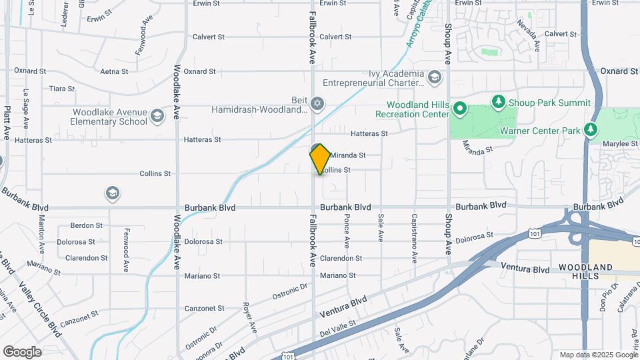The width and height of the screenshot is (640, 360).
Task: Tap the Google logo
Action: (22, 352)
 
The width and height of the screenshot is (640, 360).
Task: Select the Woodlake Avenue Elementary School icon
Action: (157, 117)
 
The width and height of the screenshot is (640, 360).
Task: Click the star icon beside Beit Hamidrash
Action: (317, 103)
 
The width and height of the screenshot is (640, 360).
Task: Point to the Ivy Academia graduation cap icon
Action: (435, 78)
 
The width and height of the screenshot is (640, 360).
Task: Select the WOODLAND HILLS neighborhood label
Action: (586, 271)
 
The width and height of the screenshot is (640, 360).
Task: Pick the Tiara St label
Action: (61, 89)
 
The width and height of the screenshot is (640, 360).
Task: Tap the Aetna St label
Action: (114, 71)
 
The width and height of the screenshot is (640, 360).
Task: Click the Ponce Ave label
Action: (347, 227)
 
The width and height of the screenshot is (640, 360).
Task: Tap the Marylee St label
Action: (615, 143)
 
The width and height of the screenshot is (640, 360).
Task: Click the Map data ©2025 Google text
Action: (597, 355)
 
